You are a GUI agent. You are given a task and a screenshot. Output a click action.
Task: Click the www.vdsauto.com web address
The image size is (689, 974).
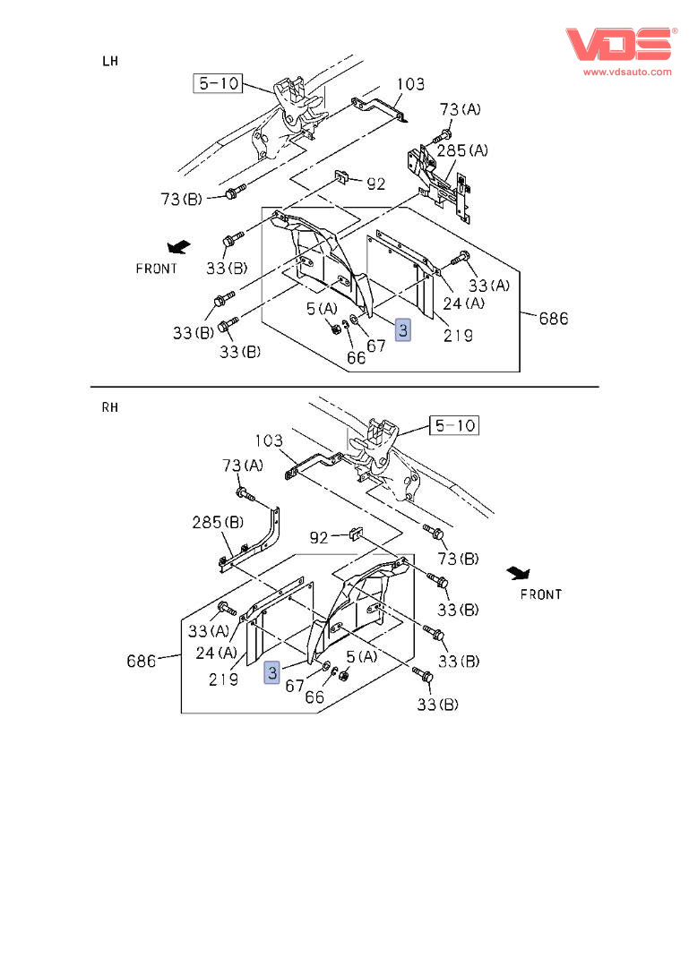click(x=627, y=72)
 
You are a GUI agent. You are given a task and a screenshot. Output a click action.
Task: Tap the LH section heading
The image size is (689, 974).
click(x=110, y=61)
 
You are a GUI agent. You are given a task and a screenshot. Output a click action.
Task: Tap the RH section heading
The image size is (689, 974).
click(x=110, y=406)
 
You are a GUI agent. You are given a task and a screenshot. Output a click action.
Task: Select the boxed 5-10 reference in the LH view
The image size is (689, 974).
click(x=218, y=84)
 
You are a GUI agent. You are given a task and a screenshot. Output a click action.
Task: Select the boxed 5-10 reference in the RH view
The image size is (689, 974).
click(x=453, y=425)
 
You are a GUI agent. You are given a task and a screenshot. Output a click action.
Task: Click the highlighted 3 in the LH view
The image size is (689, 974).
click(x=403, y=330)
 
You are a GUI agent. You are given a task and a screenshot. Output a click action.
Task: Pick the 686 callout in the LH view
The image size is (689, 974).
click(x=553, y=318)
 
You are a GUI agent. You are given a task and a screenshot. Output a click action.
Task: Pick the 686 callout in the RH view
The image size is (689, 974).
click(x=142, y=662)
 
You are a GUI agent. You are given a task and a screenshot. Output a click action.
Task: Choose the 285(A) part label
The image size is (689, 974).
click(x=462, y=150)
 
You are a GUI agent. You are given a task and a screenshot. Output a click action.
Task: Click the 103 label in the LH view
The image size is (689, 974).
click(x=410, y=84)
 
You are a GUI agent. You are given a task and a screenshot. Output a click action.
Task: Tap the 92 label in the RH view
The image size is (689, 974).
click(x=320, y=538)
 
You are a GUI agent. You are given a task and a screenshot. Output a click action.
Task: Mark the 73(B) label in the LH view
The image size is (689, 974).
click(x=183, y=199)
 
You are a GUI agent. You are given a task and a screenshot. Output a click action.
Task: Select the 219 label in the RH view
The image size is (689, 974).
click(x=223, y=679)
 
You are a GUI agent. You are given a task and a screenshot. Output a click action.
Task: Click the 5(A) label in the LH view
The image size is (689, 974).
click(x=323, y=309)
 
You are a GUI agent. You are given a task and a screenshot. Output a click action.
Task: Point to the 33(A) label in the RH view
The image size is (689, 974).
click(x=209, y=631)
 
